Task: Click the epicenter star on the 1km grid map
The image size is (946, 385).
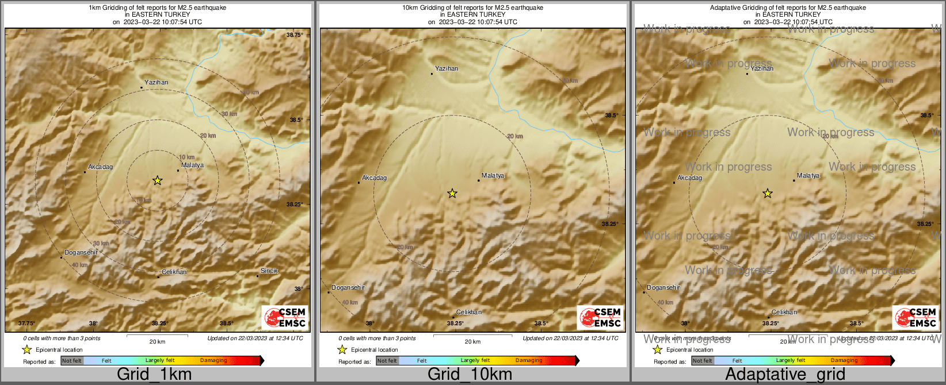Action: [157, 180]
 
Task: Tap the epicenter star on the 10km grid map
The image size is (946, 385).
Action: [452, 194]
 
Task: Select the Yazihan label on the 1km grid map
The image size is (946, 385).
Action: [157, 82]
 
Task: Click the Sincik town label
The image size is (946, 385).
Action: [269, 271]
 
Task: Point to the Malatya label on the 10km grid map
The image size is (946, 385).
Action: [493, 175]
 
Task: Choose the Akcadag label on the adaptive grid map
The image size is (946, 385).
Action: [690, 178]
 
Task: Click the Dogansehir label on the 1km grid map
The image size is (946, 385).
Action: [81, 252]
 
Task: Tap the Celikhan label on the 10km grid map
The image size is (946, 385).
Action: [469, 312]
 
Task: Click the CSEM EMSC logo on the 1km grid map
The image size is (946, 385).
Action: [285, 318]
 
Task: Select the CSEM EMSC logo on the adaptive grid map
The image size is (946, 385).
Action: [916, 318]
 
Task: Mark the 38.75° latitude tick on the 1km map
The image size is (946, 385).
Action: [295, 35]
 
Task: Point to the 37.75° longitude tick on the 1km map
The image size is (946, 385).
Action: [26, 323]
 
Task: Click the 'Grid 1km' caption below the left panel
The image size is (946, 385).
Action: [154, 374]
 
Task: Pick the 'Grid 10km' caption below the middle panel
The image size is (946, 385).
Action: [470, 374]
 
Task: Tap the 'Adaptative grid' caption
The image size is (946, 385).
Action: [785, 374]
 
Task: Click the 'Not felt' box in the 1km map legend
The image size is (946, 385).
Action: [72, 361]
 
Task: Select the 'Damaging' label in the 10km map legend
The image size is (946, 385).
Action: [529, 360]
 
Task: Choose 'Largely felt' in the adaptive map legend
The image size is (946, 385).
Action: [791, 360]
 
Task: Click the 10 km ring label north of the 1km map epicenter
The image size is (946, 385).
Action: [187, 157]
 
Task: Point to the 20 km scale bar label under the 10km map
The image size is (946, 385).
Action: [472, 341]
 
